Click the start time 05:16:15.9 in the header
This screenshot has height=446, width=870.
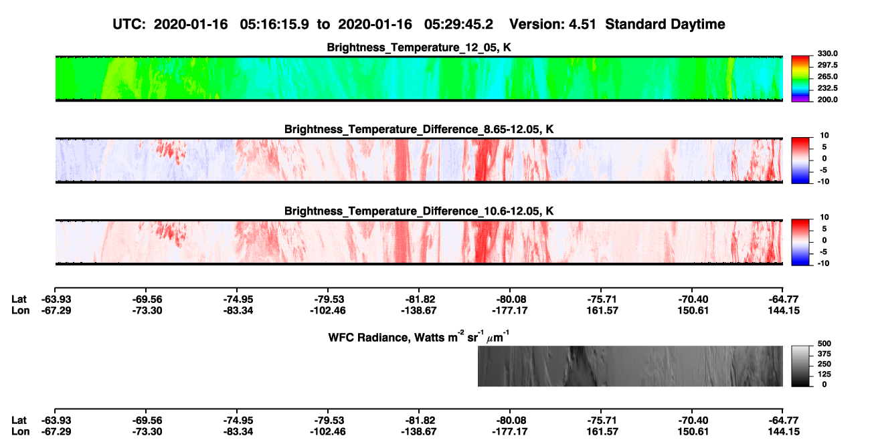point(274,25)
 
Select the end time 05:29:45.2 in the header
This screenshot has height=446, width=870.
point(458,25)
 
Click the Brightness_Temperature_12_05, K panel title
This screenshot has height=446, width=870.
point(419,47)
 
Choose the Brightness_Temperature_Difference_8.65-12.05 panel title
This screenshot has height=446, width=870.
point(419,129)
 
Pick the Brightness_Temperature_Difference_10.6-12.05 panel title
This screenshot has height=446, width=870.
point(419,211)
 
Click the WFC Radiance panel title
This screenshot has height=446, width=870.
point(419,337)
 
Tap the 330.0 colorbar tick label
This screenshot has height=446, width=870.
point(827,53)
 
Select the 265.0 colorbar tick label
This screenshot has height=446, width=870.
point(827,76)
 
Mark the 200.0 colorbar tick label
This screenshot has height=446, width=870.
point(827,100)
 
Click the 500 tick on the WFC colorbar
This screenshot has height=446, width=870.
point(824,344)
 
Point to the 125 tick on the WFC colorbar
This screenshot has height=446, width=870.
point(824,374)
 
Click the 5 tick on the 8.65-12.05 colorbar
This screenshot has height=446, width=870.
point(824,147)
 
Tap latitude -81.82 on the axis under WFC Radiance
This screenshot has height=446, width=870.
point(419,421)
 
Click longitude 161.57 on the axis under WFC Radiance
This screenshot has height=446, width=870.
point(602,432)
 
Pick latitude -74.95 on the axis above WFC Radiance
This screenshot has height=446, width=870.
point(238,300)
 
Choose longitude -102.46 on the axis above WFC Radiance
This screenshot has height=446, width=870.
point(328,310)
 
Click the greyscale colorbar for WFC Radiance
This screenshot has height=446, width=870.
point(800,366)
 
